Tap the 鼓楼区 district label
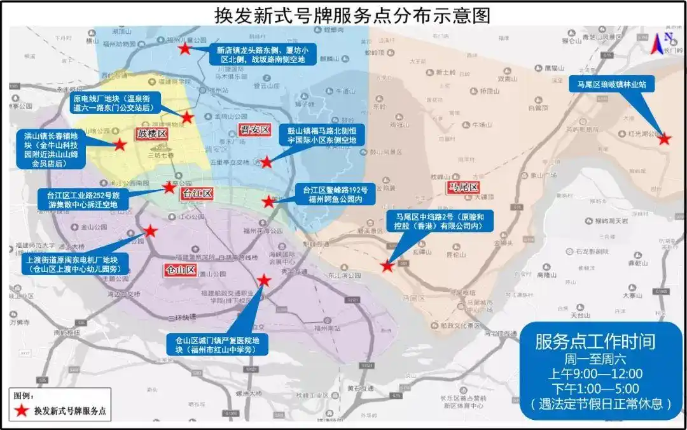pyautogui.click(x=150, y=134)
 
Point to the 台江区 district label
pyautogui.click(x=196, y=192)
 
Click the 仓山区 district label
pyautogui.click(x=181, y=269)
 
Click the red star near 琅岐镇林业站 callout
pyautogui.click(x=664, y=138)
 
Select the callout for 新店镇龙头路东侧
pyautogui.click(x=266, y=54)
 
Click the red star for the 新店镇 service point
pyautogui.click(x=184, y=48)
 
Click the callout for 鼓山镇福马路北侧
pyautogui.click(x=322, y=135)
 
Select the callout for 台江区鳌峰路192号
pyautogui.click(x=335, y=194)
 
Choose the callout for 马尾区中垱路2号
pyautogui.click(x=440, y=226)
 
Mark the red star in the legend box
pyautogui.click(x=22, y=411)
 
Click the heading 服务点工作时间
pyautogui.click(x=595, y=341)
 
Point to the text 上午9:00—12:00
pyautogui.click(x=595, y=373)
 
